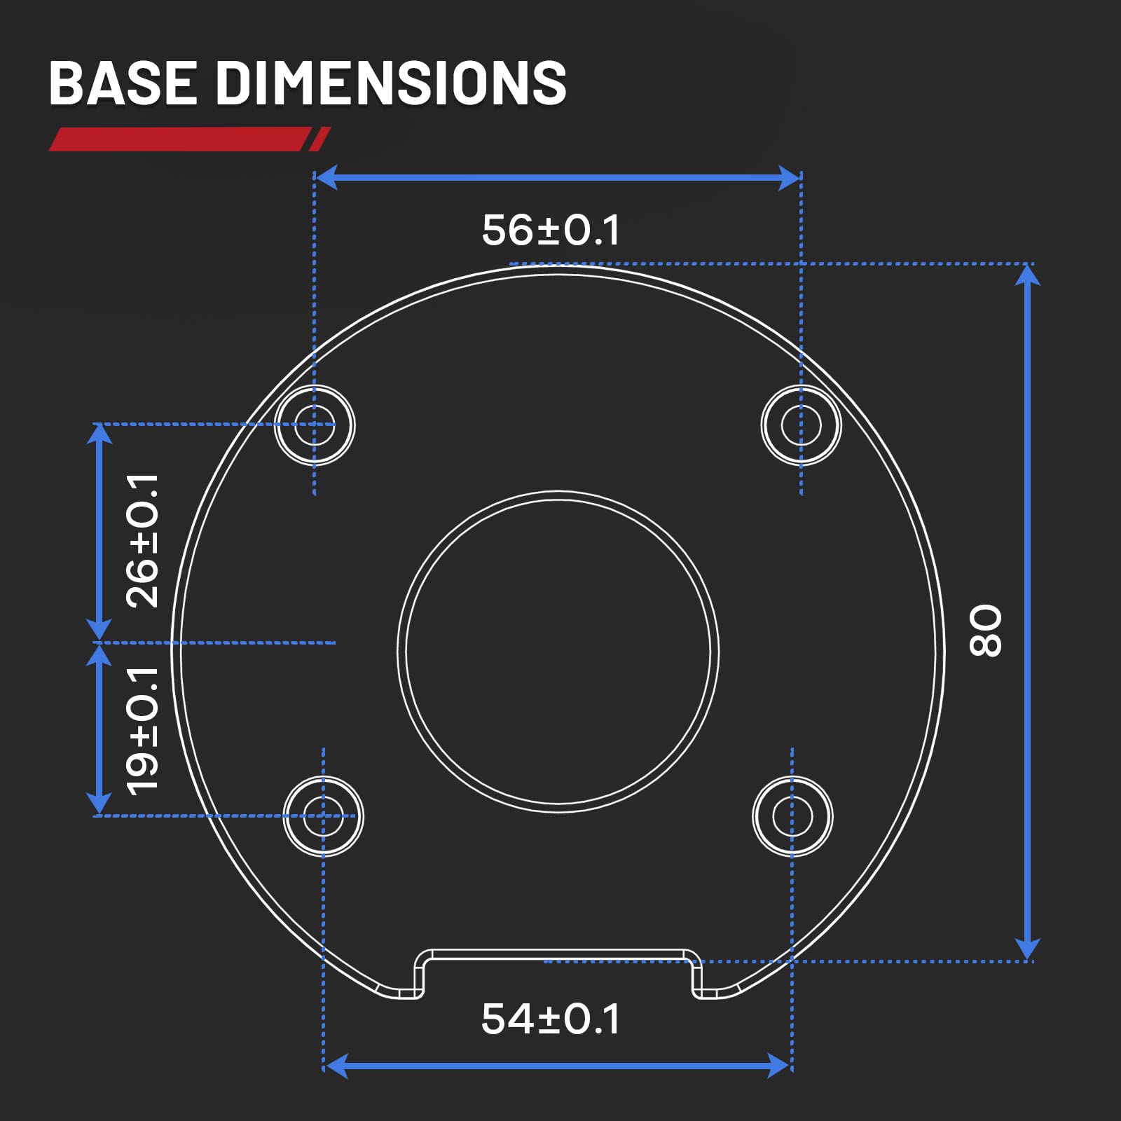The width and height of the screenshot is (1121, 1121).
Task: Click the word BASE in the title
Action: click(123, 83)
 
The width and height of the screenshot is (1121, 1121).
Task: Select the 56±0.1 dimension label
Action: click(551, 230)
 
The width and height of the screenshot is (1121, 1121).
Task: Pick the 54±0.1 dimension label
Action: click(551, 1019)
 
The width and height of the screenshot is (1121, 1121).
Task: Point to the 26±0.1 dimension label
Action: click(142, 540)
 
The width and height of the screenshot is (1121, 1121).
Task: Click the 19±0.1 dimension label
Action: click(142, 731)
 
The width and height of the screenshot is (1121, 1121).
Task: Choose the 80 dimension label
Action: click(985, 631)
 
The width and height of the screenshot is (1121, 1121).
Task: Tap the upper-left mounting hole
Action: click(315, 425)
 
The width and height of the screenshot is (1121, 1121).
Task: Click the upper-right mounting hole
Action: click(801, 425)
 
